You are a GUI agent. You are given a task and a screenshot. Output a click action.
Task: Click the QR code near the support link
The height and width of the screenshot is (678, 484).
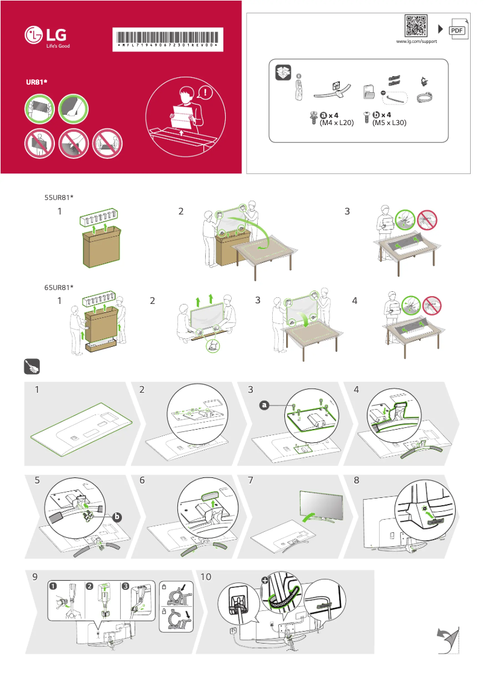(416, 26)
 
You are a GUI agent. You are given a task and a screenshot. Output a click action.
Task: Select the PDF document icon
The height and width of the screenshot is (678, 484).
(457, 30)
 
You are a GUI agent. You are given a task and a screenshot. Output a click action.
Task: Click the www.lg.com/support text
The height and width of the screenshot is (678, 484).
(416, 42)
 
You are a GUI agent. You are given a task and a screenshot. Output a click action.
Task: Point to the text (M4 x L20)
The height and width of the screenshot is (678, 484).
(336, 123)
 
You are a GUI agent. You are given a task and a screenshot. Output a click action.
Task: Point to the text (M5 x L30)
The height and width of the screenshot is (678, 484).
(389, 123)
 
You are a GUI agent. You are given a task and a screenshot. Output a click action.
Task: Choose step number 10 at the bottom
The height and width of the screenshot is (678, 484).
(205, 577)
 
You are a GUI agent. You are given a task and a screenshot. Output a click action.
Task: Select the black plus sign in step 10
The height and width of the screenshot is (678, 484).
(264, 580)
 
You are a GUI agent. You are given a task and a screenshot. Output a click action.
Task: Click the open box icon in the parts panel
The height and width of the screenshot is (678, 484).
(282, 73)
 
